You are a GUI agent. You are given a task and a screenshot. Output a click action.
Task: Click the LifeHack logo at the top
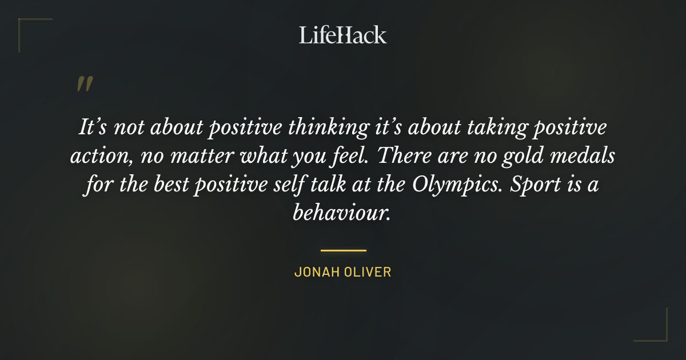[343, 35]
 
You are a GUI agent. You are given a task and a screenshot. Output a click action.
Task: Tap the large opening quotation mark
[84, 85]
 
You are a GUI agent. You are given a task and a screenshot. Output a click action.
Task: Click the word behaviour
[342, 213]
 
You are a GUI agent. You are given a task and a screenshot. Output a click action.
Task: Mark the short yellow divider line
[343, 250]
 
